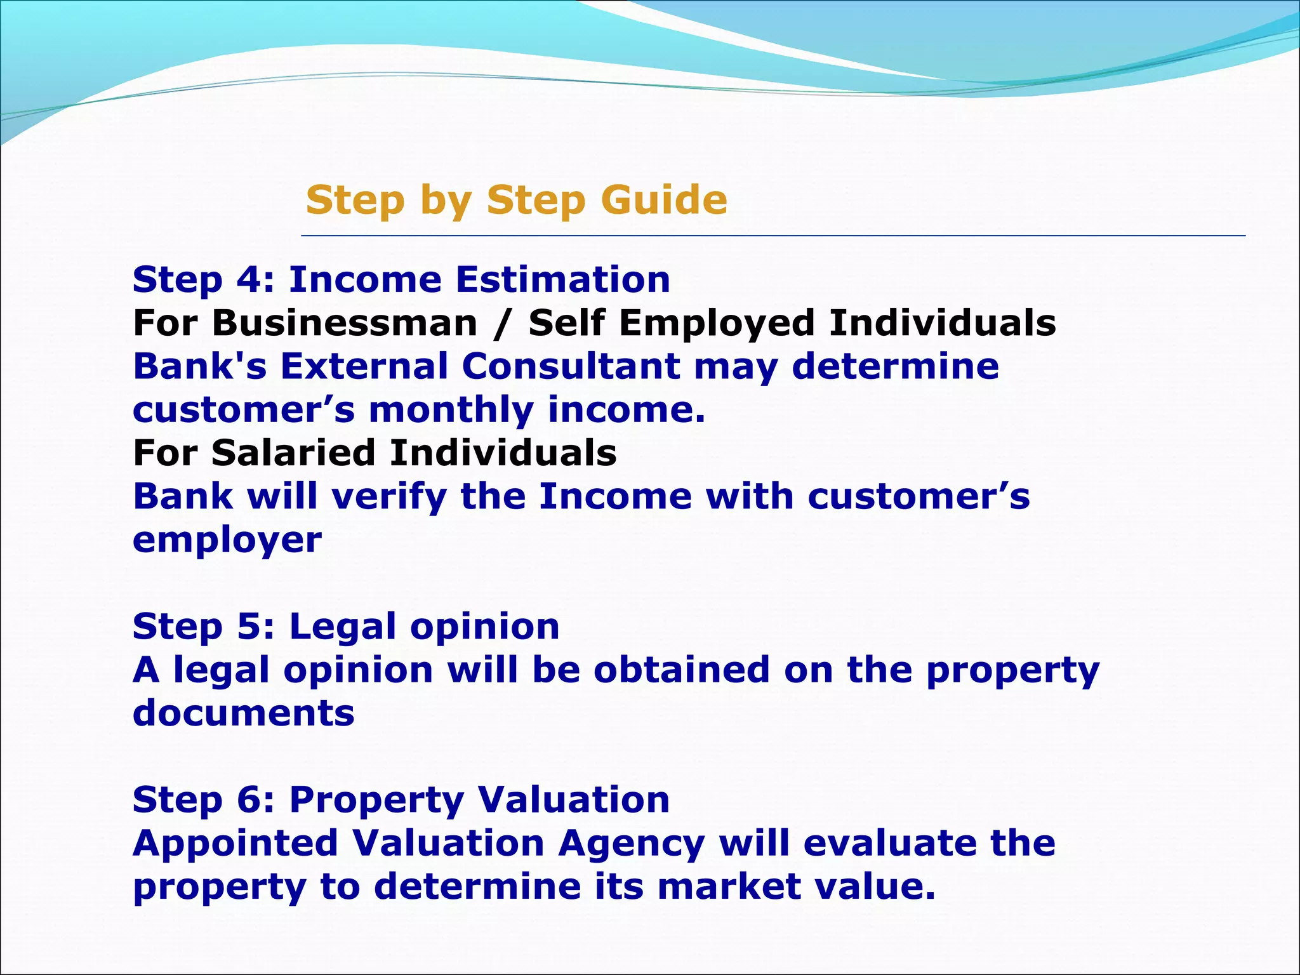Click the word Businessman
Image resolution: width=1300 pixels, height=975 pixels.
tap(345, 323)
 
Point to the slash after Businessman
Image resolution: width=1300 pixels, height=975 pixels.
tap(503, 323)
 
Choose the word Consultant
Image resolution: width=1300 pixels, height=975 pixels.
tap(571, 366)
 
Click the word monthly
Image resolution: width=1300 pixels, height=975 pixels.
tap(451, 409)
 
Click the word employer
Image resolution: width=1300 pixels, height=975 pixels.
tap(227, 540)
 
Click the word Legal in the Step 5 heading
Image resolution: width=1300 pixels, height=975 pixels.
tap(343, 627)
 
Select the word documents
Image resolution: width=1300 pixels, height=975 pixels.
tap(244, 713)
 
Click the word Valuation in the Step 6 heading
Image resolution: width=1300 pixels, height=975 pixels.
tap(573, 800)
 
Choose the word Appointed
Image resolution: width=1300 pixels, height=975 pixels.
tap(235, 843)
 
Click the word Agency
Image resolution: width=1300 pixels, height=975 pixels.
tap(632, 844)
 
